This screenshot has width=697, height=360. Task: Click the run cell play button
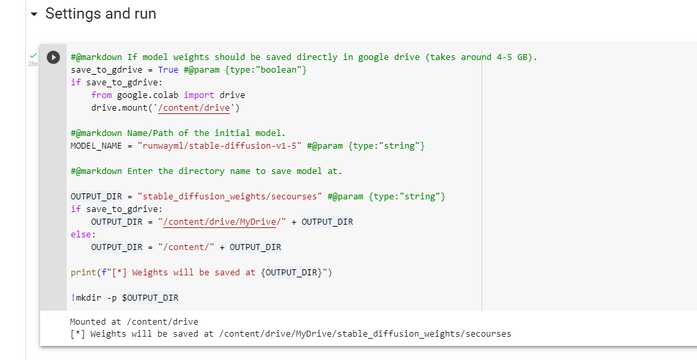click(53, 57)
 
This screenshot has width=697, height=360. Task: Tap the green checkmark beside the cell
click(33, 55)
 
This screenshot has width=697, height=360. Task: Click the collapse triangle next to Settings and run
click(34, 14)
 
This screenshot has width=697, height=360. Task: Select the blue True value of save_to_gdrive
click(168, 70)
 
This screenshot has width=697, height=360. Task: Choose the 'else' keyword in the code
click(81, 234)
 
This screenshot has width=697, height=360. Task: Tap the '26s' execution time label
click(33, 64)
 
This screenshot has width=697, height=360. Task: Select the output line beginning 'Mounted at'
click(134, 322)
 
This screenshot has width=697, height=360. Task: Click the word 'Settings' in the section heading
click(73, 14)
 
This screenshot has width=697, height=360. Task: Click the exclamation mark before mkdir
click(73, 298)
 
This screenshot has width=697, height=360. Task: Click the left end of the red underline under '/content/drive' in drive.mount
click(159, 113)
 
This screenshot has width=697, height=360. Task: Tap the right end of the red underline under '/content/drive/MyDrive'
click(277, 227)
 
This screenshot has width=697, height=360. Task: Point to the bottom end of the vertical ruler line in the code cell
click(482, 310)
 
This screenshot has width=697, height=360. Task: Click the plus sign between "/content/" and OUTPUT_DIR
click(222, 247)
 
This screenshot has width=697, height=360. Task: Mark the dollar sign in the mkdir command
click(125, 298)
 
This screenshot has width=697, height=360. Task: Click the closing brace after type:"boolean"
click(305, 70)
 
